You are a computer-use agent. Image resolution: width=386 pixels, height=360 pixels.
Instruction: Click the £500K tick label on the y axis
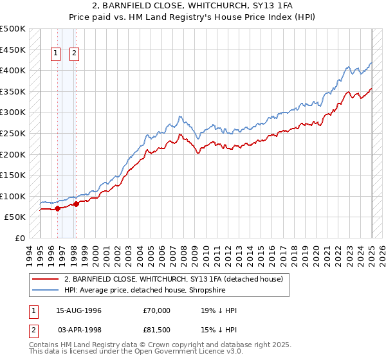(13, 29)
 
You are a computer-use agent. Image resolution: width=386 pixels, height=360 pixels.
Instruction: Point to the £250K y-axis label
(13, 133)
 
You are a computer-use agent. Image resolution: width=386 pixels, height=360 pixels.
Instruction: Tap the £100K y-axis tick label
(13, 196)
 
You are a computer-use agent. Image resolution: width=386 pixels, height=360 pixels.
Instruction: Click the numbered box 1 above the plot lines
(56, 54)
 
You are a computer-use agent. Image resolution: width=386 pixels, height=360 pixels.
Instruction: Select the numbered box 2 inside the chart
(75, 54)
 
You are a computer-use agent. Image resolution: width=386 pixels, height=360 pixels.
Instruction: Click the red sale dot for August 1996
(57, 208)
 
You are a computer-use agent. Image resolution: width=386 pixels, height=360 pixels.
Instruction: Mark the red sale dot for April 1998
(76, 204)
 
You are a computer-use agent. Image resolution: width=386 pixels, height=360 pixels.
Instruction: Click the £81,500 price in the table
(157, 330)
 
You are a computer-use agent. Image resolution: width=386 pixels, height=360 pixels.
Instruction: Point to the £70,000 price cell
(157, 310)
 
